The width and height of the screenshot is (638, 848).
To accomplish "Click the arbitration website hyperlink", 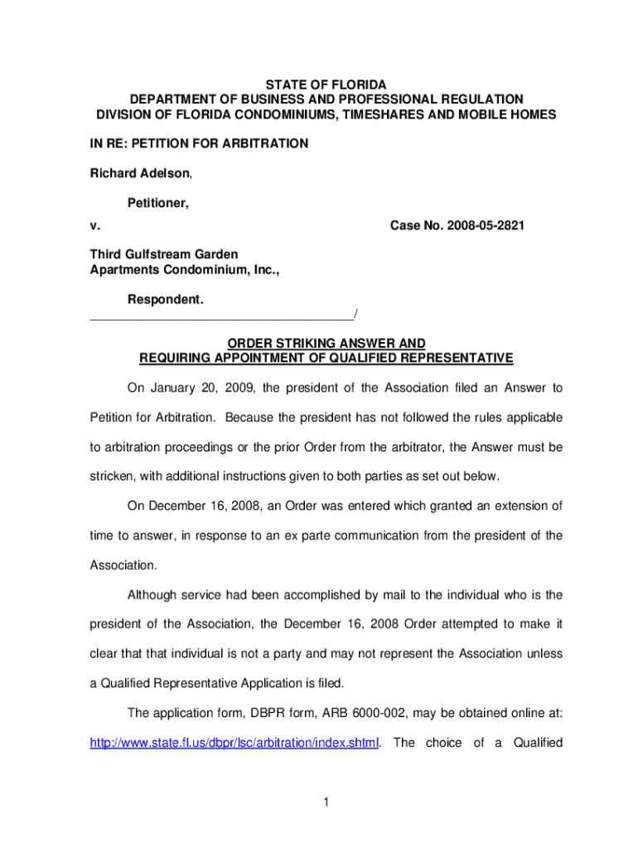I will pos(234,743).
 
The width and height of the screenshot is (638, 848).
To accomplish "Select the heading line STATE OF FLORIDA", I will pos(326,85).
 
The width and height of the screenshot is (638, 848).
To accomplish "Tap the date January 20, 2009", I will pos(206,388).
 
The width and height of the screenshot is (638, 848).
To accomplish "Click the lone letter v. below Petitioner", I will pos(94,225).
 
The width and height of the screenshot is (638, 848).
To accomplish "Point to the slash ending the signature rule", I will pos(355,312).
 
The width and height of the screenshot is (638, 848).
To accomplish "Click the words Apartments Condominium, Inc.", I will pos(185,268).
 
